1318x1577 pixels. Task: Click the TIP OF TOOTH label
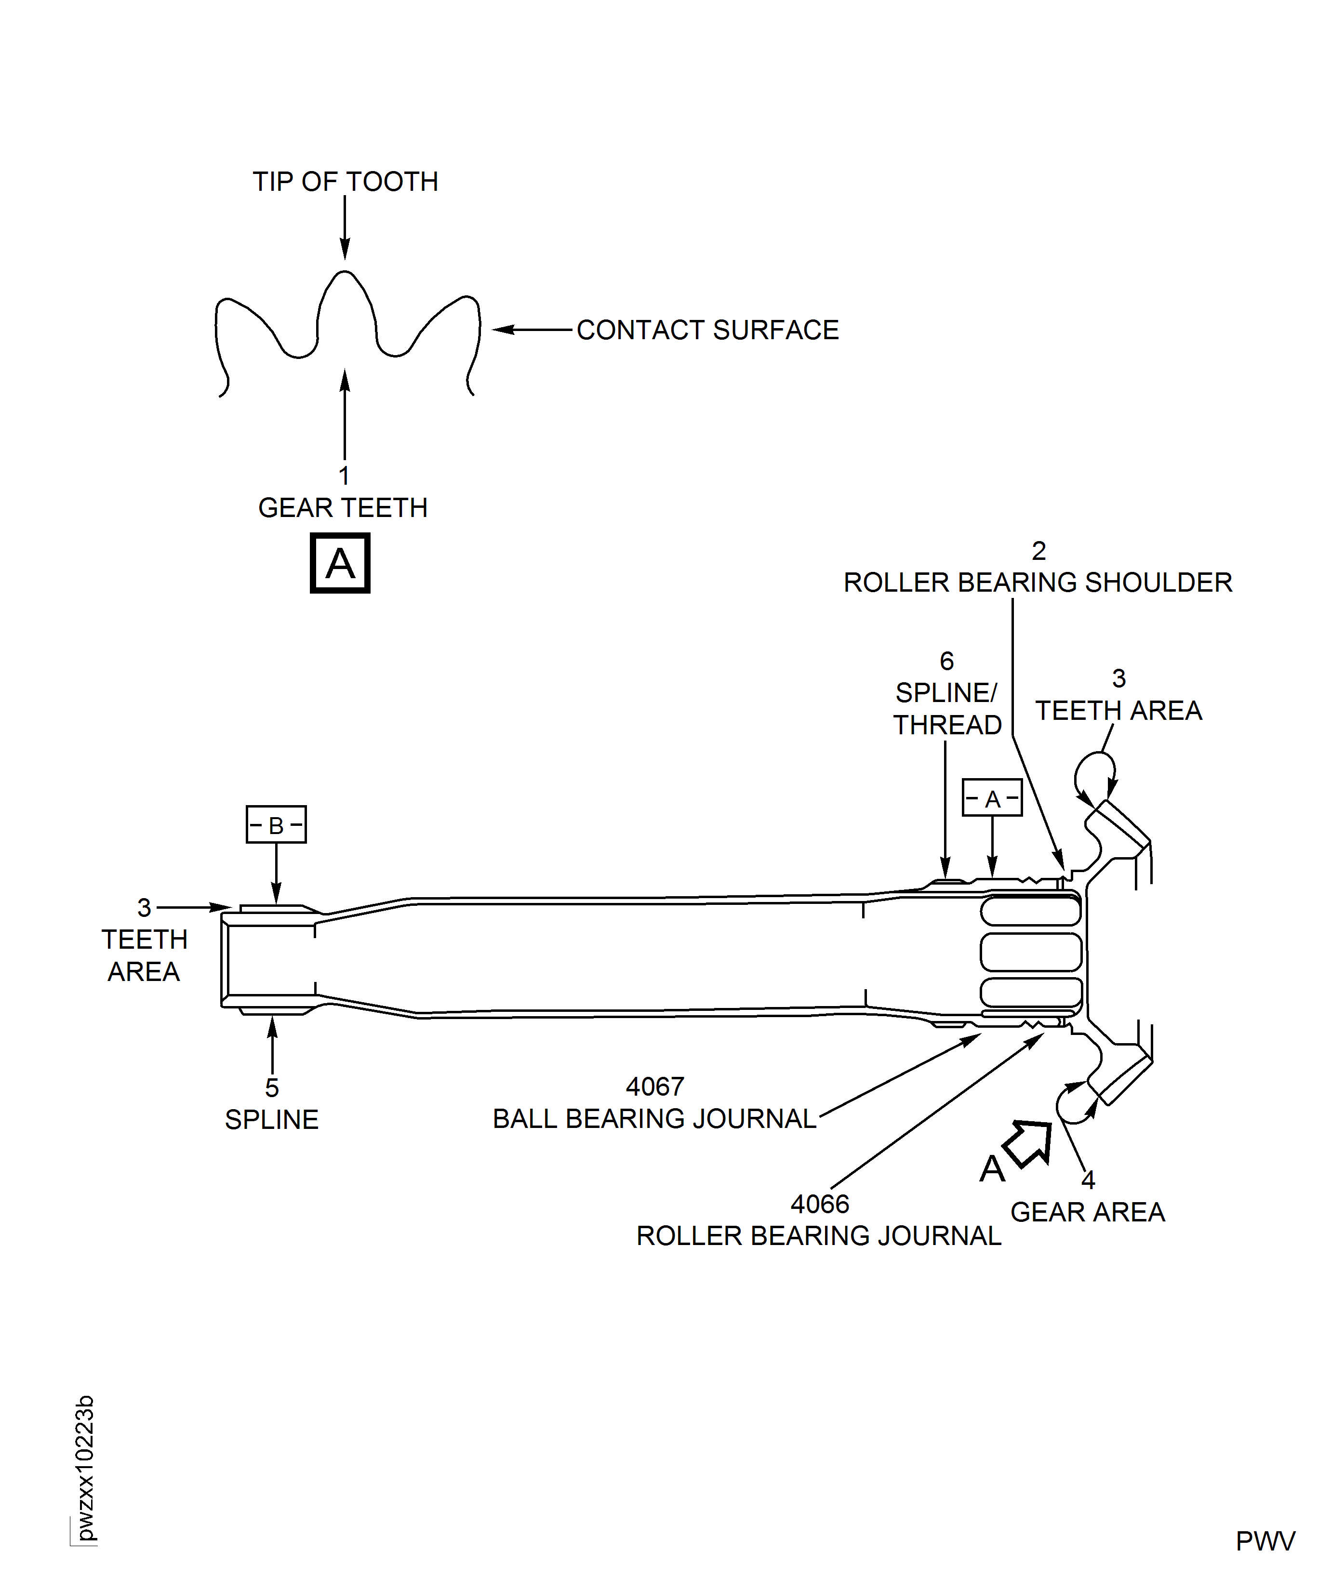tap(345, 182)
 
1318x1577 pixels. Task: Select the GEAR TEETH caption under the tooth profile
tap(343, 508)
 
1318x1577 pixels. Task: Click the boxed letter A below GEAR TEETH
tap(340, 563)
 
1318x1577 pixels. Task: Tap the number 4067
tap(655, 1087)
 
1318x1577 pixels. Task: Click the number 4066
tap(819, 1205)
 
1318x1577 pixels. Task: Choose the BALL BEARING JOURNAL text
tap(654, 1119)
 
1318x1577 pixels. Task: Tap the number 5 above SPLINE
tap(272, 1088)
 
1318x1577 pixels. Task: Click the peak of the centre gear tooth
tap(344, 273)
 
